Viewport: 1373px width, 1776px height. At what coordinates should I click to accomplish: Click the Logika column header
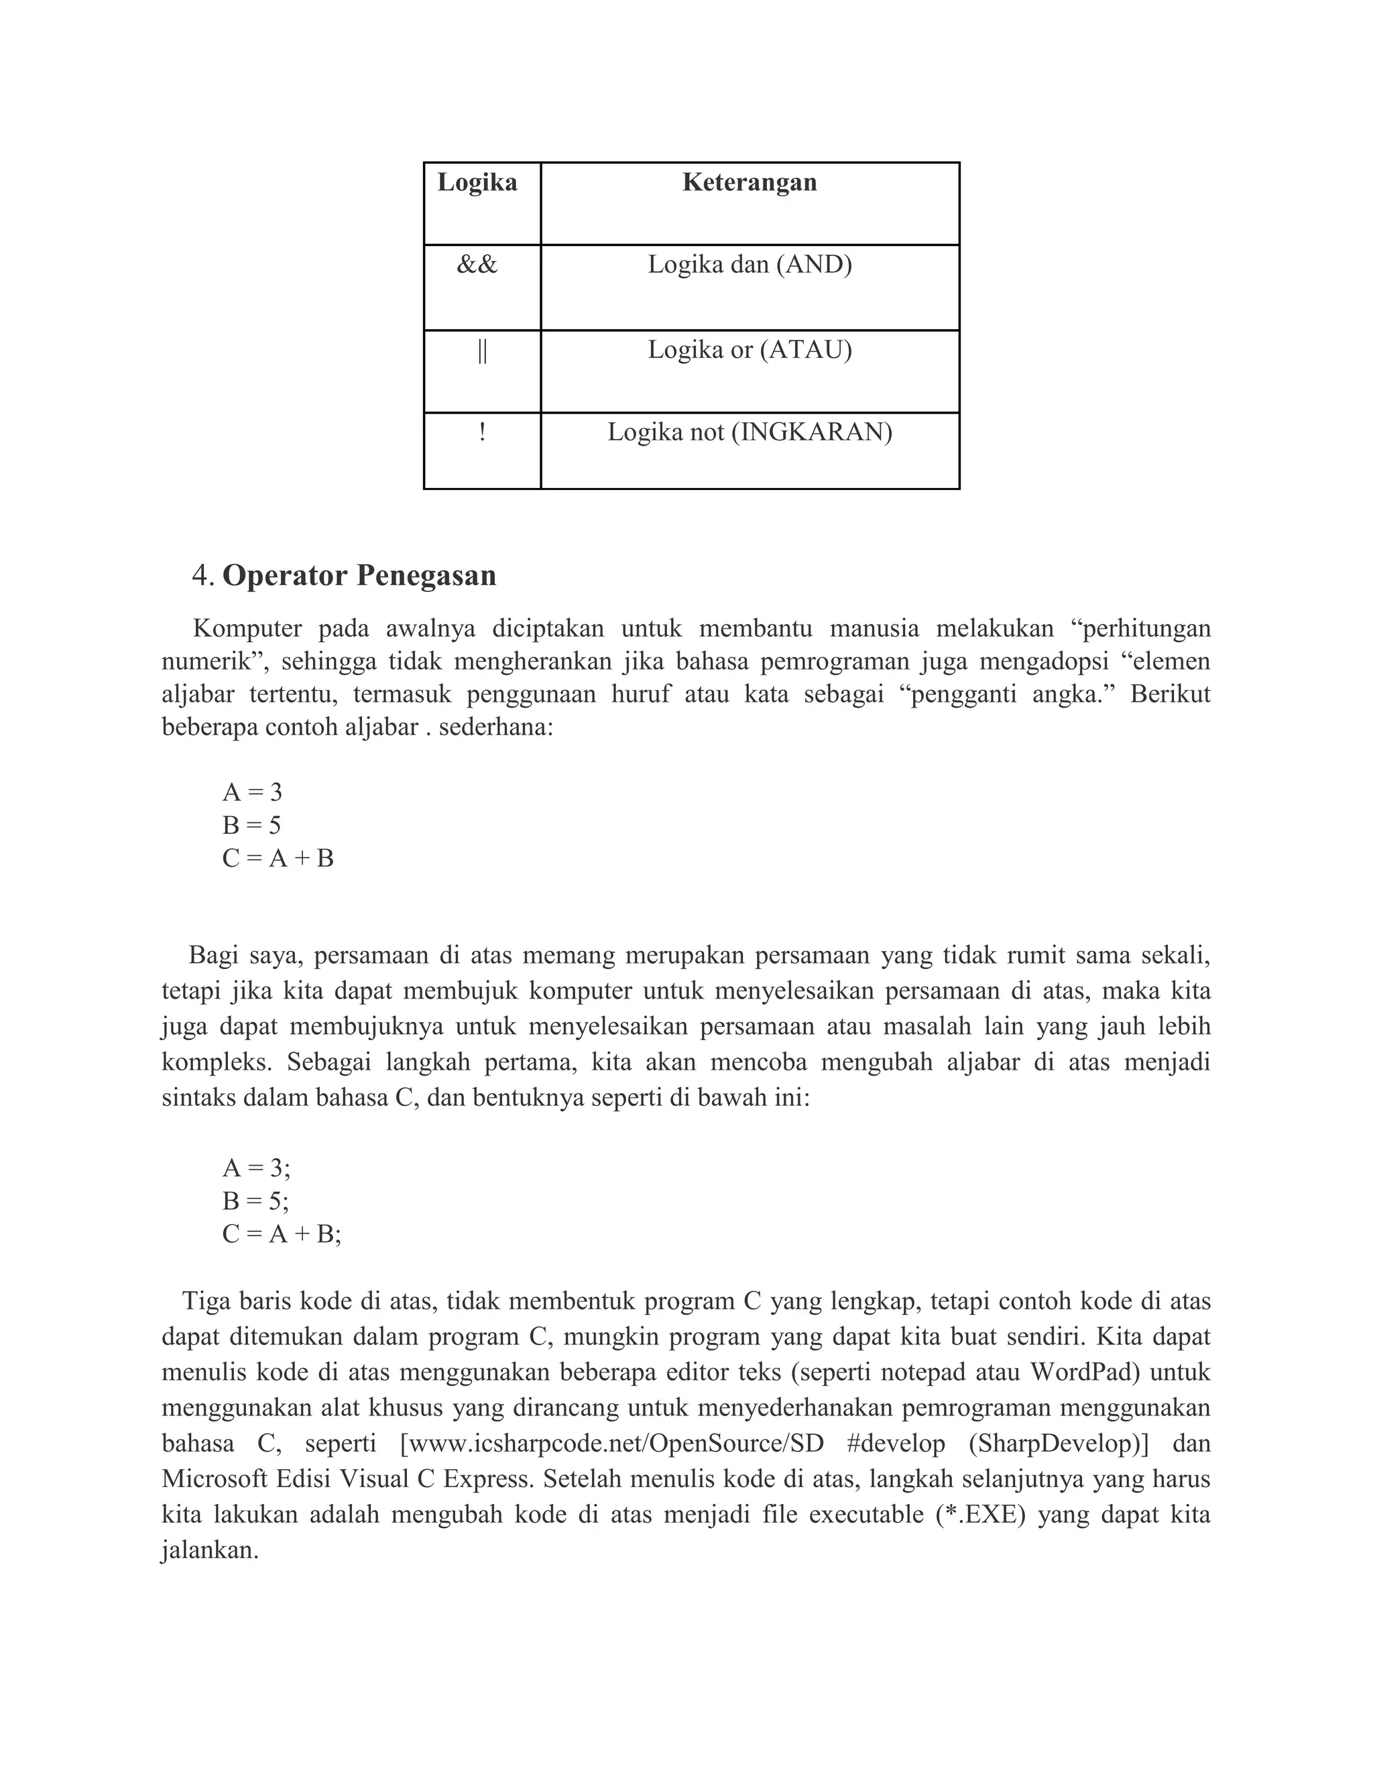tap(477, 182)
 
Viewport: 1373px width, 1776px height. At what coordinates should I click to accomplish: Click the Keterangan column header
tap(749, 182)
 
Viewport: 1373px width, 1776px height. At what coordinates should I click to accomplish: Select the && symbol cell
tap(477, 265)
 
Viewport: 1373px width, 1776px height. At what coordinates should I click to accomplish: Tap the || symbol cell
tap(481, 351)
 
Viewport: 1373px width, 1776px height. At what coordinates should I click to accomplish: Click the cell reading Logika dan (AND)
tap(749, 265)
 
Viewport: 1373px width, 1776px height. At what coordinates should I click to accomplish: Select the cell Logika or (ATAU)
tap(749, 351)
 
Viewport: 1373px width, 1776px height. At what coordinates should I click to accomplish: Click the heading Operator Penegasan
tap(359, 576)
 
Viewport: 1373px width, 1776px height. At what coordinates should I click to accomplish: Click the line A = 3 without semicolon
tap(252, 792)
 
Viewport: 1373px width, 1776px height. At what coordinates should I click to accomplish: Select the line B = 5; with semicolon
tap(255, 1201)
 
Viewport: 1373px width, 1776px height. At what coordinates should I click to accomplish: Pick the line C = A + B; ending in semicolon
tap(282, 1234)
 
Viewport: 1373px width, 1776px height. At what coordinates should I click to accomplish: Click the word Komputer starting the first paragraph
tap(247, 629)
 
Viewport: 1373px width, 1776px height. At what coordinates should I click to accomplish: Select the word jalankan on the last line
tap(210, 1551)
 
